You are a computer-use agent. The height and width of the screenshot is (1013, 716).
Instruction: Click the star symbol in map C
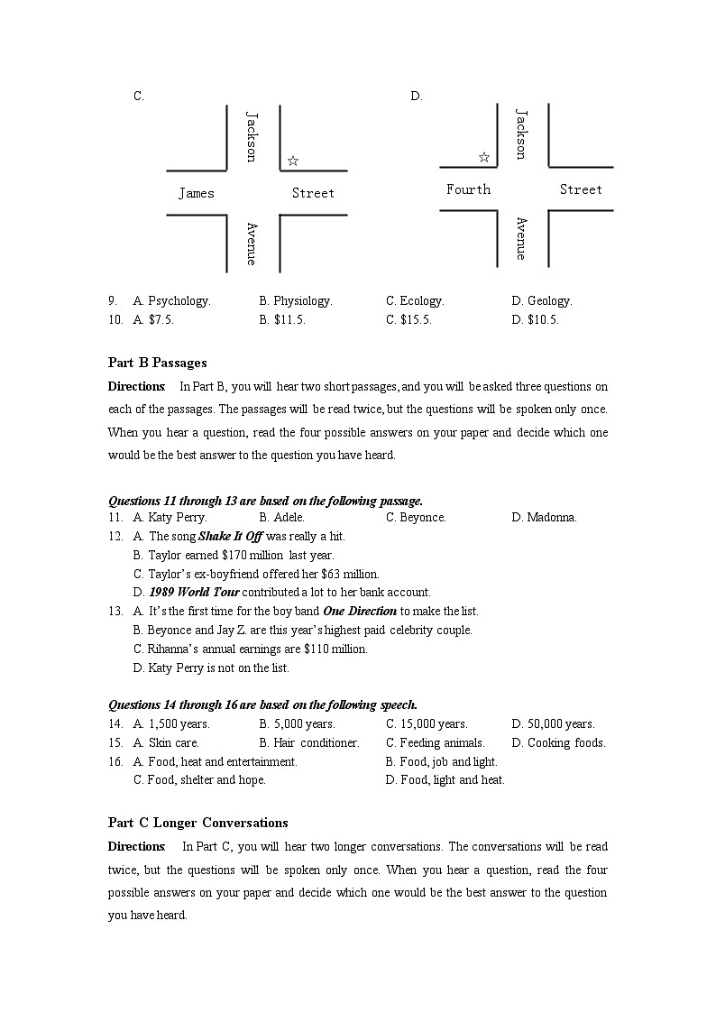click(293, 161)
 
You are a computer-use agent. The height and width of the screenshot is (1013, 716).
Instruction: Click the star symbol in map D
click(484, 157)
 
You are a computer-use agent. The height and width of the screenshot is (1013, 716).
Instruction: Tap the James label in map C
click(197, 193)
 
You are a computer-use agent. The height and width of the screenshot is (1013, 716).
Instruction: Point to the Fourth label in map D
click(469, 189)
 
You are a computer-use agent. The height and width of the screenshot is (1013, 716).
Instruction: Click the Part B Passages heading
click(158, 363)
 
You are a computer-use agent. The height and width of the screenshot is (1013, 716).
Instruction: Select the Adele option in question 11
click(289, 518)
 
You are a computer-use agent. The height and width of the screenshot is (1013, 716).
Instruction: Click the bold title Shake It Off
click(230, 537)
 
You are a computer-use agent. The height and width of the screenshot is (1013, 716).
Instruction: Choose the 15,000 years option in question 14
click(434, 724)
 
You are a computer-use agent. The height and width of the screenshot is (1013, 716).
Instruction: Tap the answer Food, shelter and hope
click(207, 780)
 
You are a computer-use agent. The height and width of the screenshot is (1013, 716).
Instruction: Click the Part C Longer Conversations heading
click(198, 823)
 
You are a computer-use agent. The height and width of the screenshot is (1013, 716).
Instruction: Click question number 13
click(115, 612)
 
